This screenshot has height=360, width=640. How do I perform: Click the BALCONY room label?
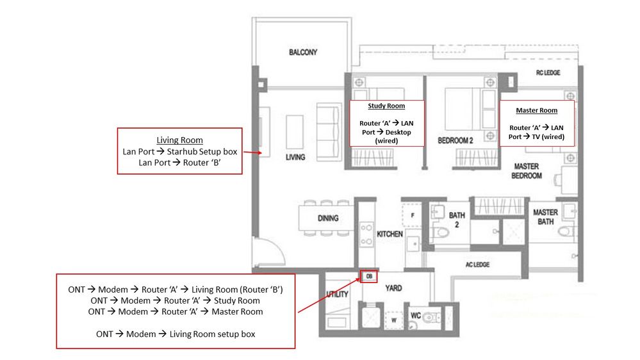[x=303, y=53]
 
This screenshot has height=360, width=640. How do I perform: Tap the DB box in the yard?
[x=369, y=276]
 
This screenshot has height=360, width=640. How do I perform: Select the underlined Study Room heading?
[x=386, y=106]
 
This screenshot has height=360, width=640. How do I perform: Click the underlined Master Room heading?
[x=536, y=110]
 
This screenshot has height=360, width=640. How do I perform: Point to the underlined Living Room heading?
[x=179, y=140]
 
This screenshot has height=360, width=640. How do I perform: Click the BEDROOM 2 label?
[x=455, y=140]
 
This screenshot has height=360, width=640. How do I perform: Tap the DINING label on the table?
[x=328, y=218]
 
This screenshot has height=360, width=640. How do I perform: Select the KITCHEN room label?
[x=390, y=234]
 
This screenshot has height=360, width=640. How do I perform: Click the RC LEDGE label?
[x=548, y=72]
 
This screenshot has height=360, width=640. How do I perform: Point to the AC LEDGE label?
[x=477, y=265]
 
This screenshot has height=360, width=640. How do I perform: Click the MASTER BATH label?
[x=545, y=217]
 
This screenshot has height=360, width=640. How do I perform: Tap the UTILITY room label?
[x=337, y=294]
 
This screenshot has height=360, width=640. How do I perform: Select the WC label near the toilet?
[x=416, y=315]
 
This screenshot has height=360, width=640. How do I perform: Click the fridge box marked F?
[x=412, y=215]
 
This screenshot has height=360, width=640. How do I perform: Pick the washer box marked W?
[x=393, y=320]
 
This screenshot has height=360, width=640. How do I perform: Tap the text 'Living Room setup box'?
[x=212, y=334]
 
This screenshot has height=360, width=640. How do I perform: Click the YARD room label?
[x=393, y=288]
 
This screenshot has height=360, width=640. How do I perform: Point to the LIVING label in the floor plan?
[x=295, y=157]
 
